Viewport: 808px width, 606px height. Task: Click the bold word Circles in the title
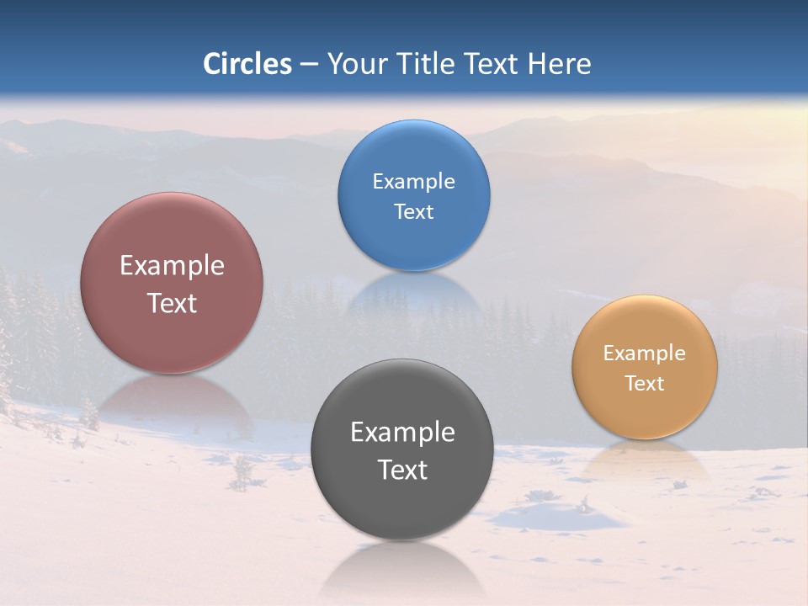pyautogui.click(x=247, y=64)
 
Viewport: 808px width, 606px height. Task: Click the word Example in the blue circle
pyautogui.click(x=413, y=182)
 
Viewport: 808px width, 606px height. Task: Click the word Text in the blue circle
pyautogui.click(x=413, y=212)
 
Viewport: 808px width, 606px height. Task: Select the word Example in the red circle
pyautogui.click(x=172, y=266)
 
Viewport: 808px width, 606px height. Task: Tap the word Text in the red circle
pyautogui.click(x=172, y=303)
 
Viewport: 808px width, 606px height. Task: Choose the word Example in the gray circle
pyautogui.click(x=402, y=433)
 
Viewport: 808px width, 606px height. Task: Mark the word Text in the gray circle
pyautogui.click(x=402, y=470)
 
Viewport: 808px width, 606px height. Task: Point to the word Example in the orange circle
pyautogui.click(x=644, y=353)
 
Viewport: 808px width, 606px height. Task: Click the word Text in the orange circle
pyautogui.click(x=644, y=384)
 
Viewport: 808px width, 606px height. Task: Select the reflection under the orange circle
pyautogui.click(x=644, y=459)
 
